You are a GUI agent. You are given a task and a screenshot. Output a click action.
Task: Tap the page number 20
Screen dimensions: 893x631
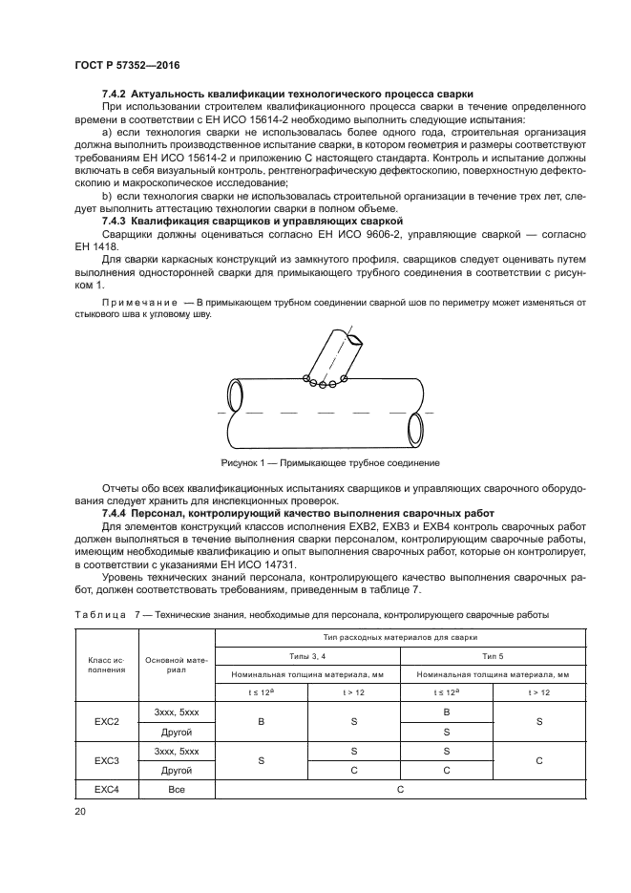point(80,811)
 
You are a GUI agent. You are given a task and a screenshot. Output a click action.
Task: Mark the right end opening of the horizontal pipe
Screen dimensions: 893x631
point(415,426)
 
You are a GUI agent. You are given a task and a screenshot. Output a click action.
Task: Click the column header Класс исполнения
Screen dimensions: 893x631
point(107,664)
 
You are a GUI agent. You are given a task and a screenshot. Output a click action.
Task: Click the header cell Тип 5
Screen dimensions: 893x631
point(468,655)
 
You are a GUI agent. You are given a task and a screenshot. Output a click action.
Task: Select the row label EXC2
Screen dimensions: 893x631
point(107,721)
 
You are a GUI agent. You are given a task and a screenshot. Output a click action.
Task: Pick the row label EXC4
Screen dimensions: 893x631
point(107,790)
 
